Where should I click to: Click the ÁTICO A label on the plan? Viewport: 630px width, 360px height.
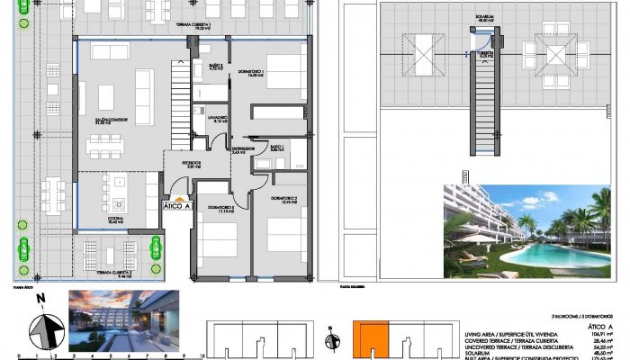(177, 205)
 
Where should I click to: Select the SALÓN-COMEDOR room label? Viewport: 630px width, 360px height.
(106, 121)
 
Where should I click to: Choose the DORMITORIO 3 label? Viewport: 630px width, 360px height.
(220, 210)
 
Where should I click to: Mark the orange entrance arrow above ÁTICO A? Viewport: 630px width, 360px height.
(178, 196)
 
